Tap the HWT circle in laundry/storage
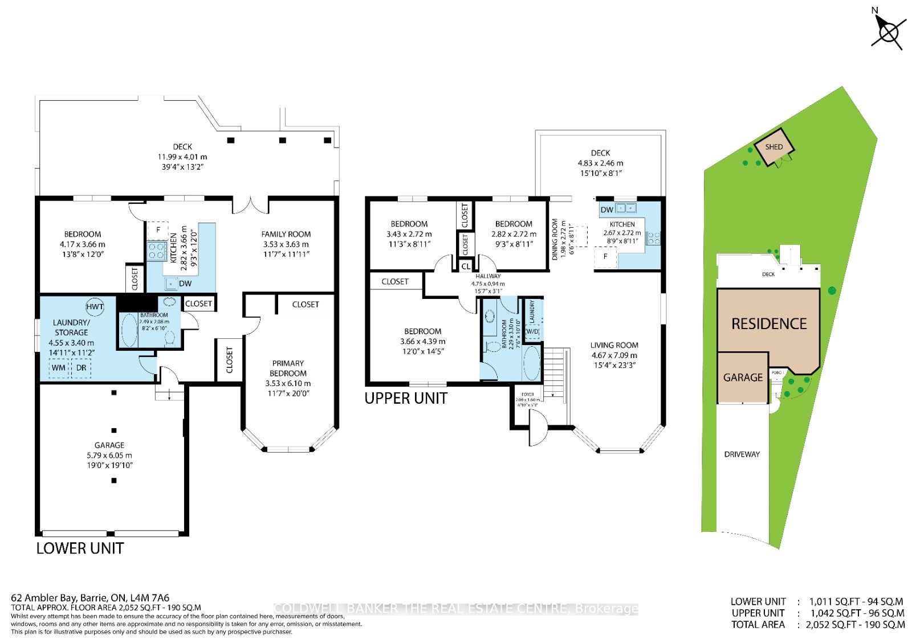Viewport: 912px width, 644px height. (95, 306)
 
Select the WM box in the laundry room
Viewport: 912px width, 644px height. (58, 368)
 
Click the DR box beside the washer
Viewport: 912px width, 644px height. (81, 368)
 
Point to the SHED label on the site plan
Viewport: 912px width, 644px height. (773, 147)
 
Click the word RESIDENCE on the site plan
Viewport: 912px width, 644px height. (769, 324)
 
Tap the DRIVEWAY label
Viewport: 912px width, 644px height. (742, 454)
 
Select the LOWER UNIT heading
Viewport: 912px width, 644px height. (80, 548)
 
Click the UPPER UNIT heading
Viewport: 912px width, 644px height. (406, 398)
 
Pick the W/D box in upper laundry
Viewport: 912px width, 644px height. (532, 331)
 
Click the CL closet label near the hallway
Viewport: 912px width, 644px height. (466, 266)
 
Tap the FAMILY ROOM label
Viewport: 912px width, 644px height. (286, 234)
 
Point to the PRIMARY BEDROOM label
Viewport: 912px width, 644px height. (288, 368)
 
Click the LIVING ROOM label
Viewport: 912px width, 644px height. (614, 345)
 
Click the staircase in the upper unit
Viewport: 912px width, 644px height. (555, 370)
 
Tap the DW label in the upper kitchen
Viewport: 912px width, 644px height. (607, 210)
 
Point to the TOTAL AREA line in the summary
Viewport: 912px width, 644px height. (817, 625)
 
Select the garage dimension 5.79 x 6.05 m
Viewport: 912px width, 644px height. (109, 456)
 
